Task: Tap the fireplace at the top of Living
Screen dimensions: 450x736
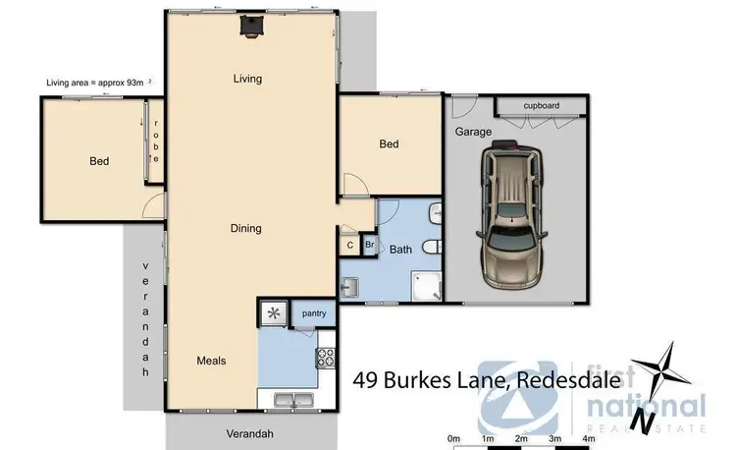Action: (x=252, y=24)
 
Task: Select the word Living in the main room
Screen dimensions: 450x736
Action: (x=247, y=79)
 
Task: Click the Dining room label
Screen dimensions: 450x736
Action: (x=245, y=229)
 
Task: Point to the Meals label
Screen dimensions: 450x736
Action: (x=211, y=361)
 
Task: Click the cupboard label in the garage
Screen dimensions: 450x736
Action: (x=541, y=106)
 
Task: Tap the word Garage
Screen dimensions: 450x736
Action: (x=473, y=131)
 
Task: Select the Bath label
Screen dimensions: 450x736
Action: (x=400, y=251)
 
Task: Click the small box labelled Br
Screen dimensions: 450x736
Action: (x=369, y=243)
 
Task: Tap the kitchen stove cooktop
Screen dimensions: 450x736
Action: (x=326, y=358)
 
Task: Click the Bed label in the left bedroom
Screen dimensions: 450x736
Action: (x=99, y=161)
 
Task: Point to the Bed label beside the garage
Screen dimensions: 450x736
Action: (x=389, y=144)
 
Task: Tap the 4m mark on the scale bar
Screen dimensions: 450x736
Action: (x=588, y=438)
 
